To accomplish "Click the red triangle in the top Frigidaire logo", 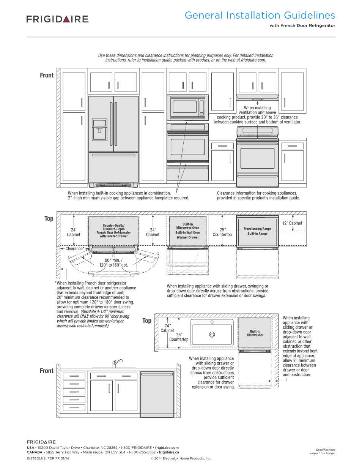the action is click(67, 19).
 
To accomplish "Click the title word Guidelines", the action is click(309, 15).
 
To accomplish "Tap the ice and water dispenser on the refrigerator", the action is click(99, 130).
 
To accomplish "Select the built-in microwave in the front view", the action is click(187, 107).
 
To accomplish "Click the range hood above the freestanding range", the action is click(257, 98).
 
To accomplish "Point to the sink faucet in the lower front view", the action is click(118, 363).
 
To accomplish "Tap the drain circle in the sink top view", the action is click(212, 335).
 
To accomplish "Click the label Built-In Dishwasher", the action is click(255, 333).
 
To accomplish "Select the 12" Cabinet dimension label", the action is click(292, 223).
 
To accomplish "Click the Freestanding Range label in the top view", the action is click(257, 229).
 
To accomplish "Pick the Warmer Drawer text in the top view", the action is click(187, 237).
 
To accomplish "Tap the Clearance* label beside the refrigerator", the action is click(75, 249).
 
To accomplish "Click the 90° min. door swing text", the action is click(113, 260).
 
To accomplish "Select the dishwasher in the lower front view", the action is click(157, 394).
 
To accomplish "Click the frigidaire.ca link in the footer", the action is click(169, 452).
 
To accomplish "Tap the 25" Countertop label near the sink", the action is click(179, 337).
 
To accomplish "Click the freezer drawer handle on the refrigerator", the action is click(113, 155).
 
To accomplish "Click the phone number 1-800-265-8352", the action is click(142, 452).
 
